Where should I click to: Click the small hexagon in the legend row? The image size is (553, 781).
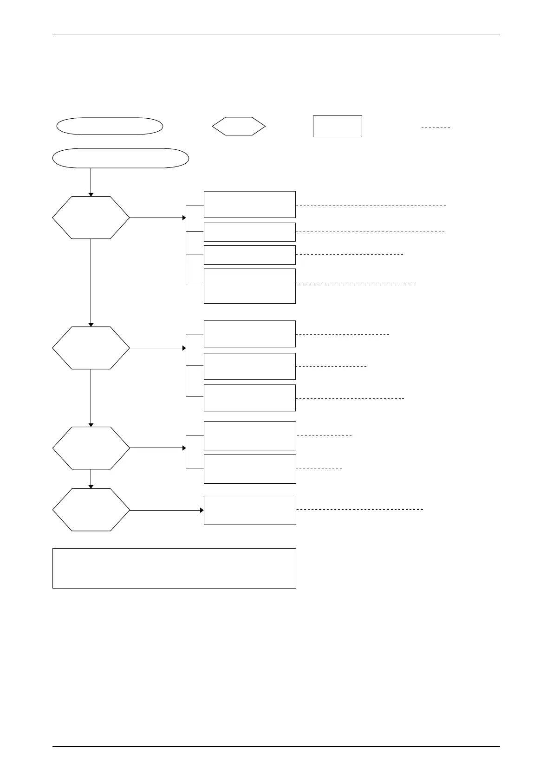coord(239,126)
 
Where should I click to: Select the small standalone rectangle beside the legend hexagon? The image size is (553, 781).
coord(337,126)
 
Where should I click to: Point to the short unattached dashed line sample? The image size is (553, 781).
coord(436,127)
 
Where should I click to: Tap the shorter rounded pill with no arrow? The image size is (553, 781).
coord(110,126)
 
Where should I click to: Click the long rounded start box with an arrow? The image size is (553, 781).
coord(121,158)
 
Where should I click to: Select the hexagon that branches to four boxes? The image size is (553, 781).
coord(91,218)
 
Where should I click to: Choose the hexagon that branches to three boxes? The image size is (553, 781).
coord(91,348)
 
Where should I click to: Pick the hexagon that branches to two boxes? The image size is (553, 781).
coord(91,448)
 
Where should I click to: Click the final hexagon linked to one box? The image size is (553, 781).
coord(91,510)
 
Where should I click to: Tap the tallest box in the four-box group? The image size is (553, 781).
coord(250,286)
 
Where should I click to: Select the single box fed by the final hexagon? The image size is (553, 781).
coord(250,510)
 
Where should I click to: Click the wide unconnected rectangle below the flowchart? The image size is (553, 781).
coord(174,568)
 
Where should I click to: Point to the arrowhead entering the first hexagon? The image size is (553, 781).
coord(91,194)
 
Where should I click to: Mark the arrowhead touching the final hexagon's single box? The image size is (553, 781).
coord(202,510)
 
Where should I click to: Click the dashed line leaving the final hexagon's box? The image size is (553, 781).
coord(360,509)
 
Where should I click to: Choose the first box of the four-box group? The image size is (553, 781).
coord(250,204)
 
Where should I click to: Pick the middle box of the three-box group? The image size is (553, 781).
coord(250,366)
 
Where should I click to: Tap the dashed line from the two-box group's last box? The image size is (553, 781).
coord(319,468)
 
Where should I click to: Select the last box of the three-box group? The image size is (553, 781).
coord(250,397)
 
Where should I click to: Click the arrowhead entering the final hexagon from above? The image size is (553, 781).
coord(91,487)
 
